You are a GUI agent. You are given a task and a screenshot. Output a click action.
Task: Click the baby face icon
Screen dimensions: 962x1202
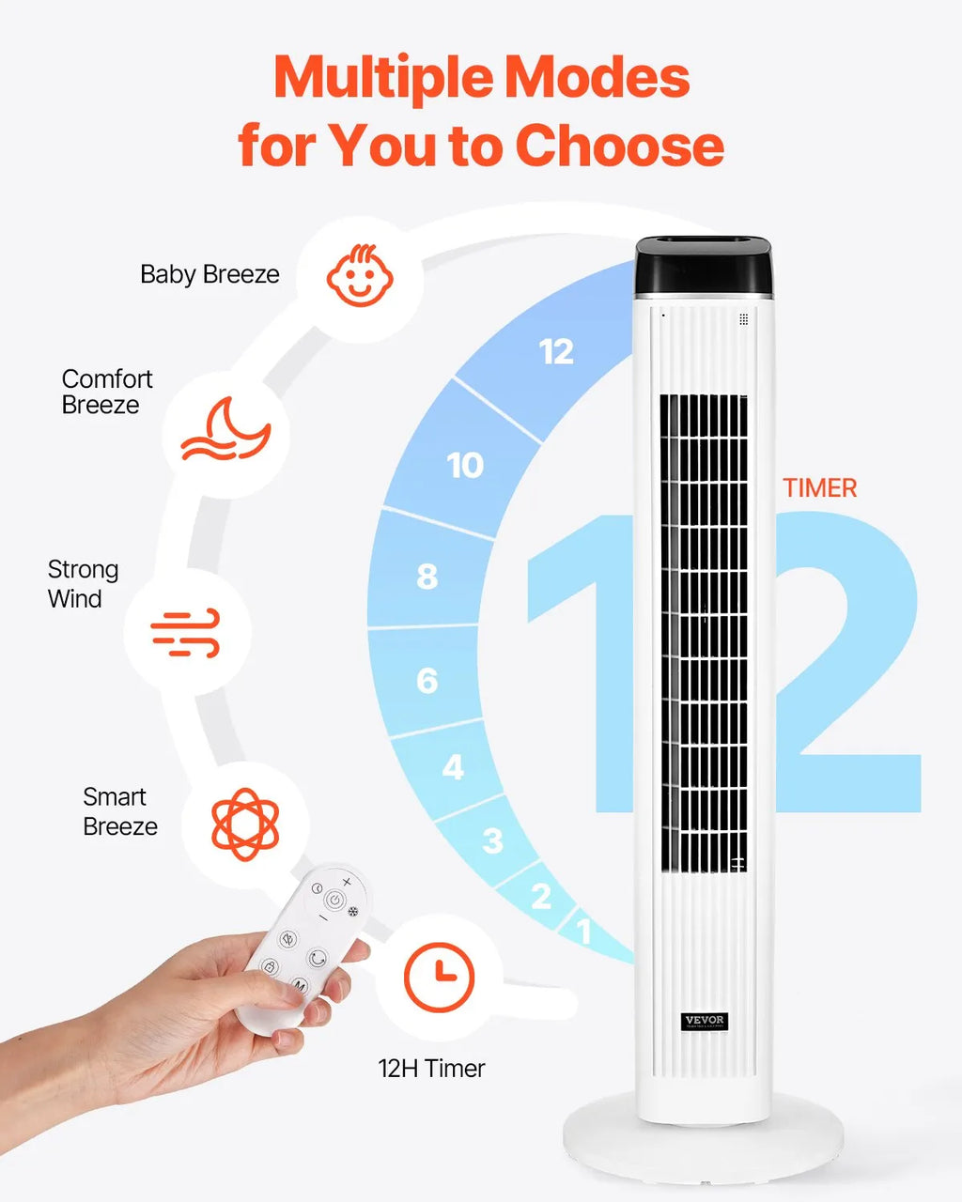point(360,275)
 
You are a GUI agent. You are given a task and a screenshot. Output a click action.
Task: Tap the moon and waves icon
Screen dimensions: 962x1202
point(225,429)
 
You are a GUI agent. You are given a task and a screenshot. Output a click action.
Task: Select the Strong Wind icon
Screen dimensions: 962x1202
point(186,633)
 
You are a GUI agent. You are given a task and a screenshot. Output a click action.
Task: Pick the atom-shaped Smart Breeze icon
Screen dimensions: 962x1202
point(245,825)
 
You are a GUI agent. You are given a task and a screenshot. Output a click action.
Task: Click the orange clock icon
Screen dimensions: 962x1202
point(439,978)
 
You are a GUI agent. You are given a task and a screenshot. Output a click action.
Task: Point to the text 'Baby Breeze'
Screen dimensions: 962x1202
point(209,274)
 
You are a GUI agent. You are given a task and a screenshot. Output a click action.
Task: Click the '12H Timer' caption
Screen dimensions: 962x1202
point(431,1069)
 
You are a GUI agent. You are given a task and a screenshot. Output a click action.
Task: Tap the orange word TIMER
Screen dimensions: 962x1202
point(819,488)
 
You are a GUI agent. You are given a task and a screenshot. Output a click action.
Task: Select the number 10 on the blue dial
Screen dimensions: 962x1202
point(465,465)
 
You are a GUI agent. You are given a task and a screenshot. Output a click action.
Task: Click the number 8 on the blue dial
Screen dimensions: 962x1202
point(427,577)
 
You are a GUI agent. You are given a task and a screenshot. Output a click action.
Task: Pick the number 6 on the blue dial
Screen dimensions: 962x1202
point(427,681)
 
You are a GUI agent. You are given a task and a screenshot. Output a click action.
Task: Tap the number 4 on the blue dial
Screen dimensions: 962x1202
point(454,767)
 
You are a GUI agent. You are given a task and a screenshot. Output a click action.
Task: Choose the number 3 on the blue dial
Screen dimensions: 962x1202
point(492,841)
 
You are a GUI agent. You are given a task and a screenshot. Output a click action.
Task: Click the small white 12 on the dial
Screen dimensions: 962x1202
point(556,352)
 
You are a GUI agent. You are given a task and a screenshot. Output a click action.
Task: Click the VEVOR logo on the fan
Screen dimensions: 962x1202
point(705,1022)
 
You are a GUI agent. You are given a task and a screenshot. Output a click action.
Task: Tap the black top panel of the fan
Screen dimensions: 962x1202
point(704,266)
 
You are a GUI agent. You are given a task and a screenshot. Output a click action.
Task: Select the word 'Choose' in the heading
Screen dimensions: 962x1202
point(619,146)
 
